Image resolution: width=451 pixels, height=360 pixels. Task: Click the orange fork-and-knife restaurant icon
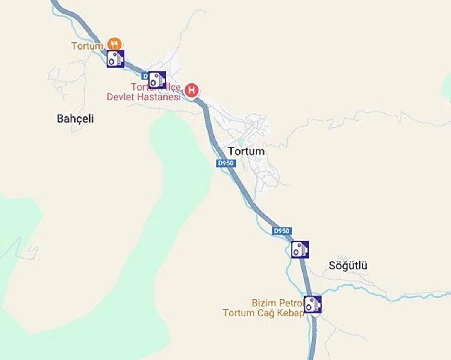(x=114, y=44)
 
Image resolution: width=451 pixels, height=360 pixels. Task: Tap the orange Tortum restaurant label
(x=87, y=46)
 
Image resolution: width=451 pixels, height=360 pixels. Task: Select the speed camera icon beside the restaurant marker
(x=115, y=59)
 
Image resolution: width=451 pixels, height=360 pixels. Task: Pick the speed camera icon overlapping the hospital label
(x=157, y=80)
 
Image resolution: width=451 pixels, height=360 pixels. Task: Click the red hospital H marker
(x=192, y=90)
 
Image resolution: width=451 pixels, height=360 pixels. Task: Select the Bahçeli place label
(x=75, y=119)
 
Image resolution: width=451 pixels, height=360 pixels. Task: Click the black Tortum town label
(x=246, y=151)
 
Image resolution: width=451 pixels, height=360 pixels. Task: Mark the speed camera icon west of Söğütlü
(x=300, y=249)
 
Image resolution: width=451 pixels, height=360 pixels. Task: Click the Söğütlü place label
(x=348, y=266)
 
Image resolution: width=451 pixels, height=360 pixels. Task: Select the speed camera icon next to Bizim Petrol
(x=313, y=304)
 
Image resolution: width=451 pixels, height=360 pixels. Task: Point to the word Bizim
(x=263, y=303)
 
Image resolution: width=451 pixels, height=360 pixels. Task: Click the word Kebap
(x=292, y=313)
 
